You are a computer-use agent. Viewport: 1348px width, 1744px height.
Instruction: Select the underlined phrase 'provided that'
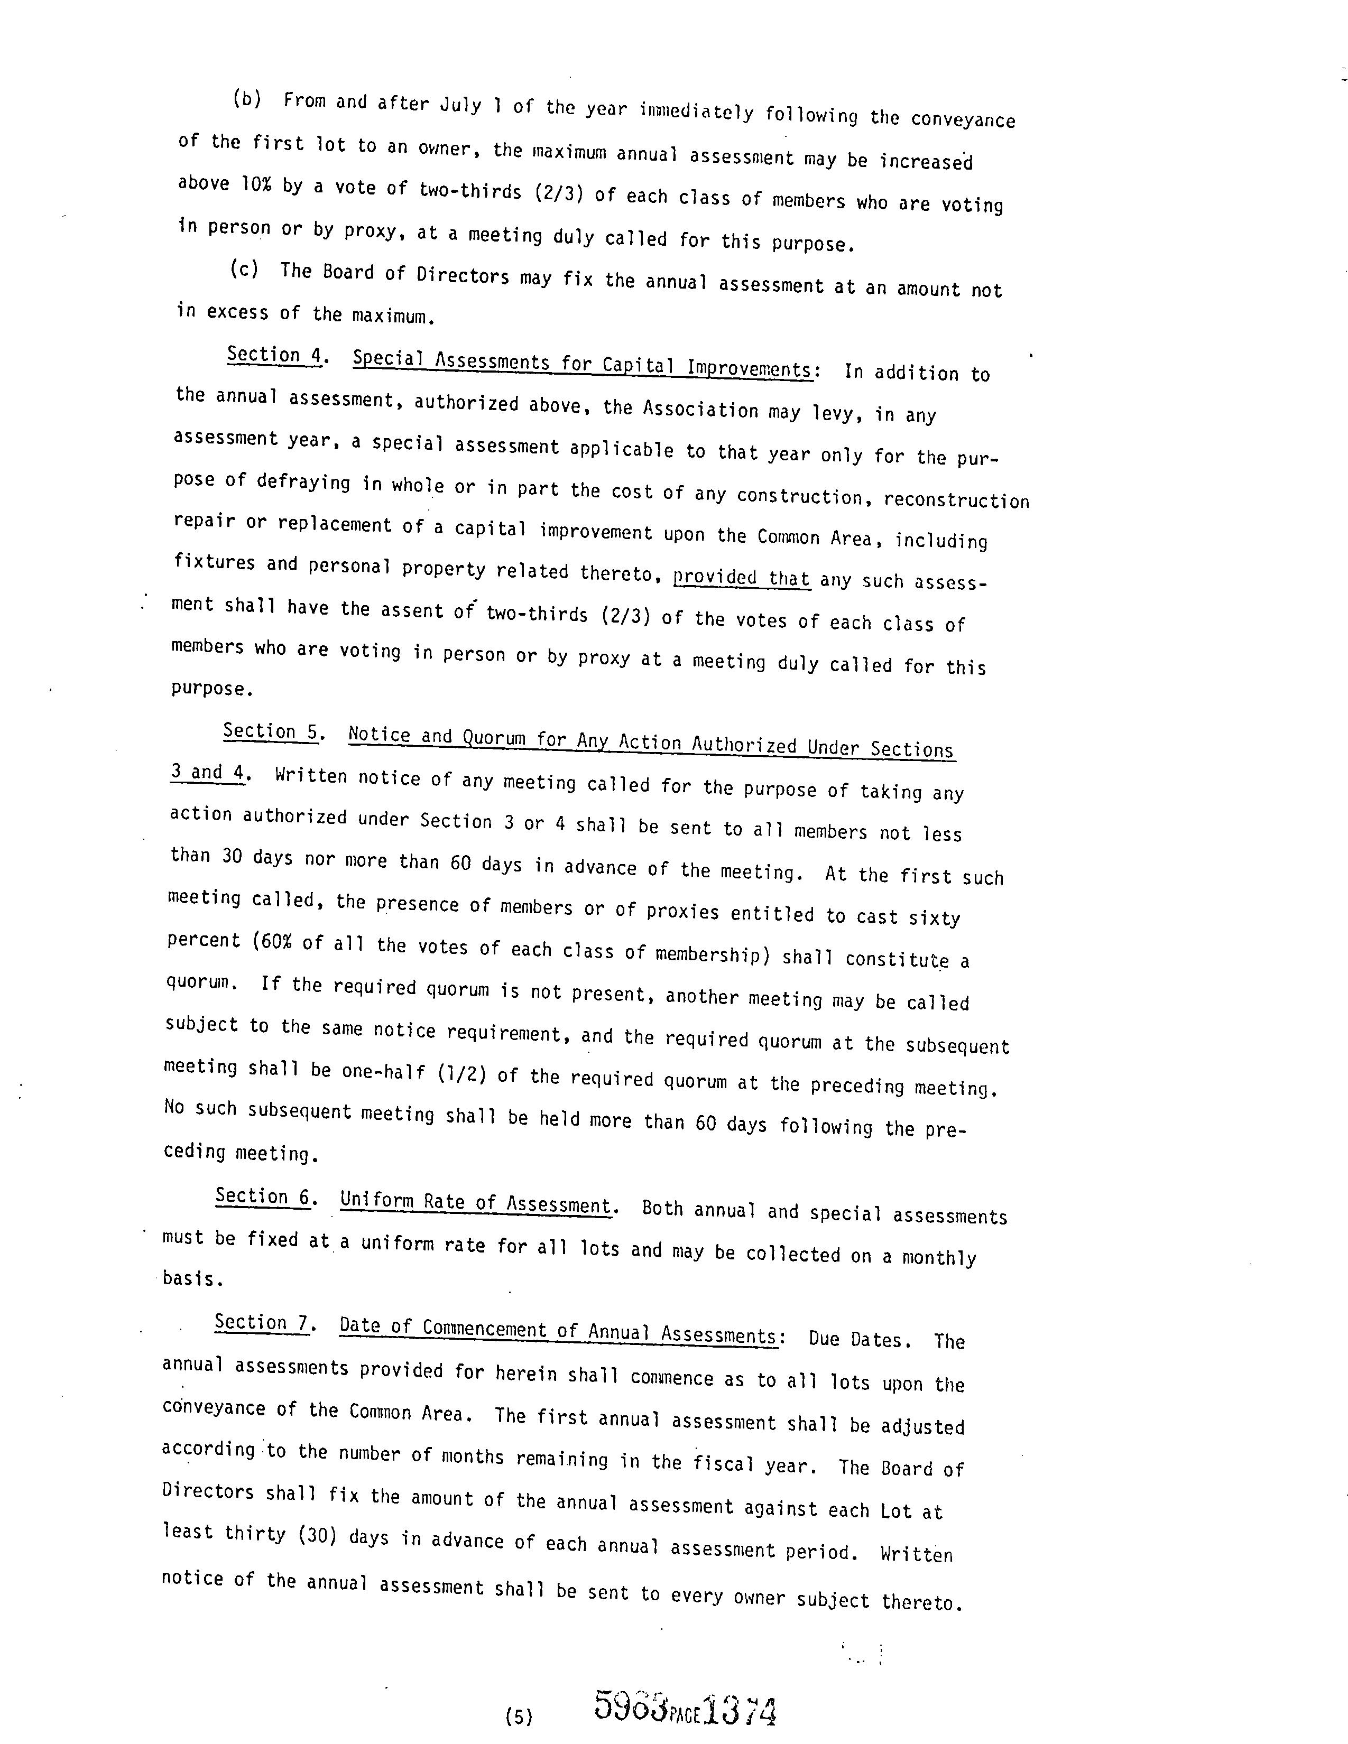(741, 577)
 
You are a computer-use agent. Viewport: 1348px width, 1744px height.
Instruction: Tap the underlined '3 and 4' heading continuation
(207, 772)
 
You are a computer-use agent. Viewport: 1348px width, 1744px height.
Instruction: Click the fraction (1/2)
(461, 1073)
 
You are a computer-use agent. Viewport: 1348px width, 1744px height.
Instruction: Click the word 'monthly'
(939, 1258)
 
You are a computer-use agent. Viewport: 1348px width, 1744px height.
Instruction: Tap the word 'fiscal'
(724, 1463)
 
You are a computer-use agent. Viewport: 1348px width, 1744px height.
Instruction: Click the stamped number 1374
(740, 1711)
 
